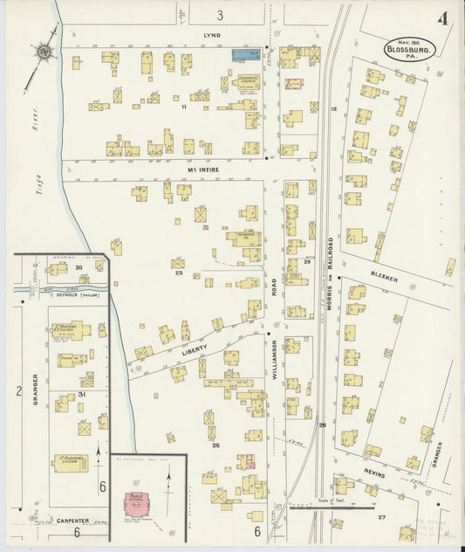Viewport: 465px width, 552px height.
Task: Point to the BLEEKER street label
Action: coord(385,276)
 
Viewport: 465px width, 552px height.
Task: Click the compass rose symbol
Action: coord(42,52)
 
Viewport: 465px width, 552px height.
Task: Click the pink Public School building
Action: coord(135,501)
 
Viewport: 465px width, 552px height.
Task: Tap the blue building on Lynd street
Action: coord(246,54)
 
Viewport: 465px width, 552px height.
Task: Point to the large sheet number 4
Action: coord(443,20)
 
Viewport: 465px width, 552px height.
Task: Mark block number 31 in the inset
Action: coord(81,394)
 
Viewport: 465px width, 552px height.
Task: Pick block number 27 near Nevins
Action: coord(381,518)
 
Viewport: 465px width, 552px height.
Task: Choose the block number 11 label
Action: coord(184,107)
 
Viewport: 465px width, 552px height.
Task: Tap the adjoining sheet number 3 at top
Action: coord(220,15)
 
